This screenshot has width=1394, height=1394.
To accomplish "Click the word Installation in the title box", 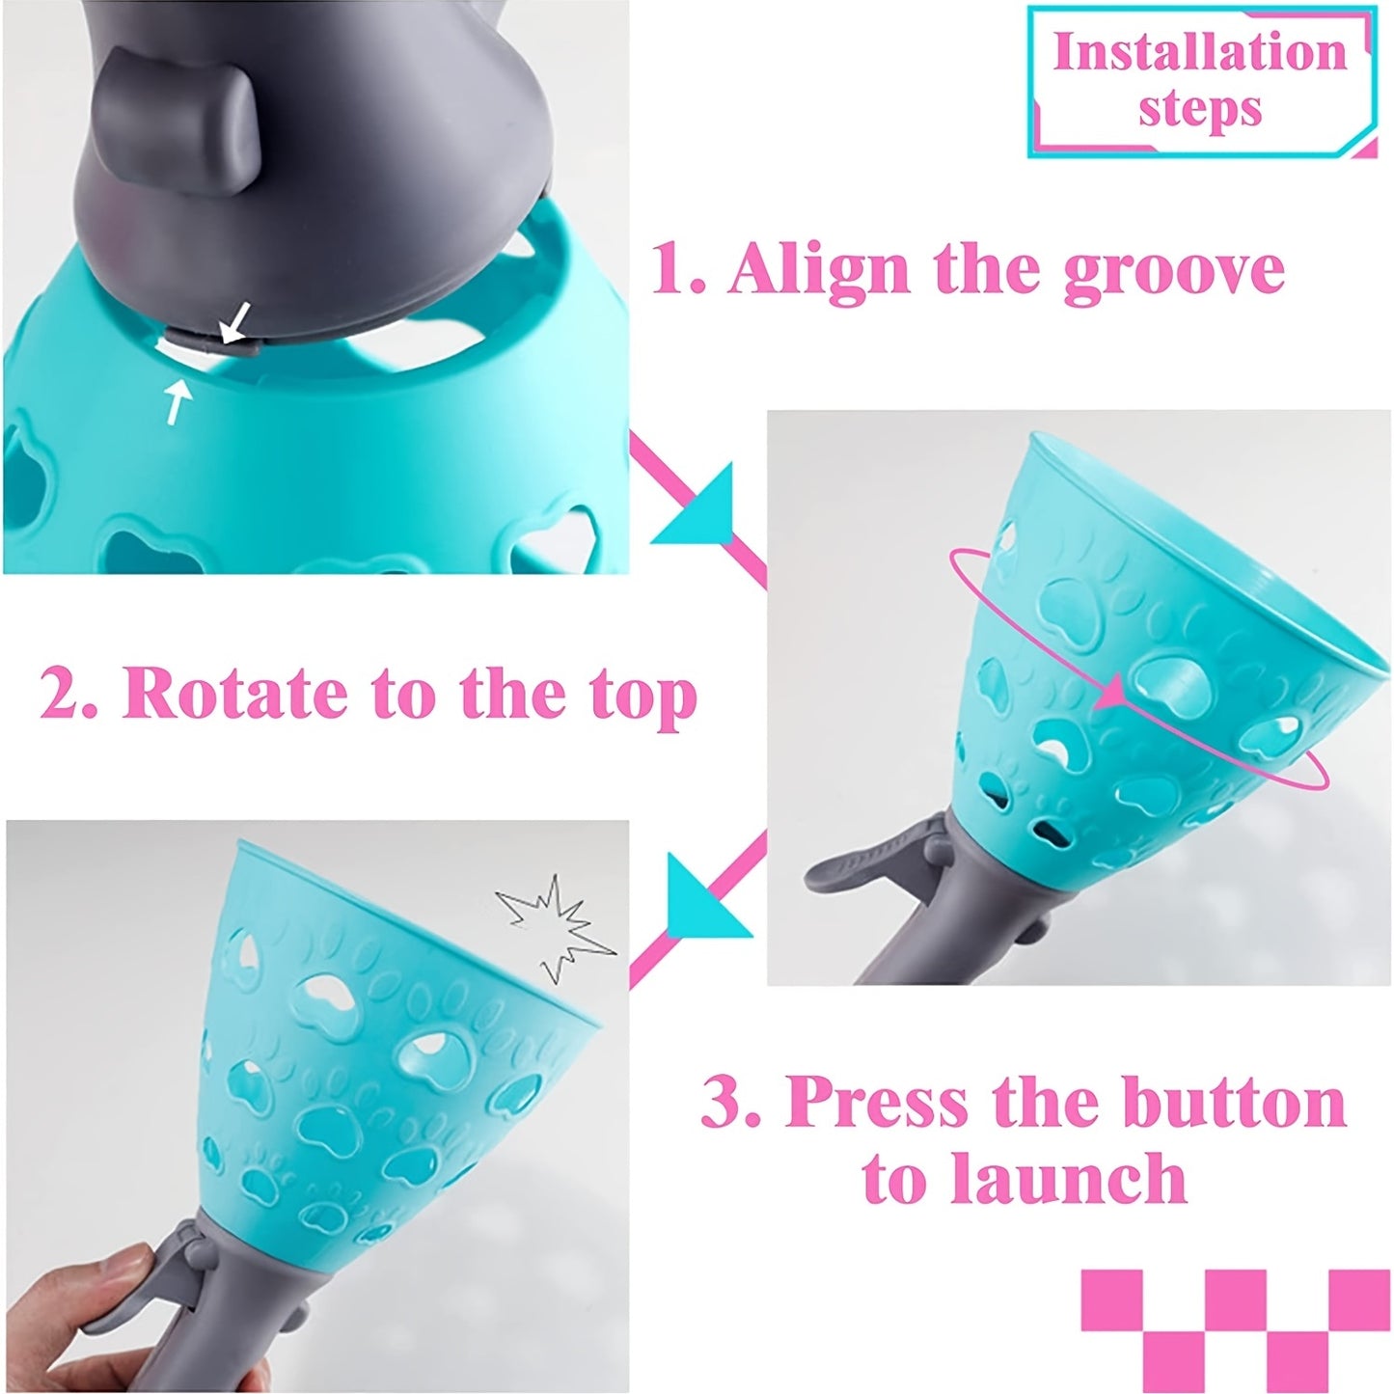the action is (1199, 52).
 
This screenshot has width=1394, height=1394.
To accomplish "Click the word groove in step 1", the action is (1173, 271).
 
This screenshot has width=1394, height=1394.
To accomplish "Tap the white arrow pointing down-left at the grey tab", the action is (235, 322).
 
